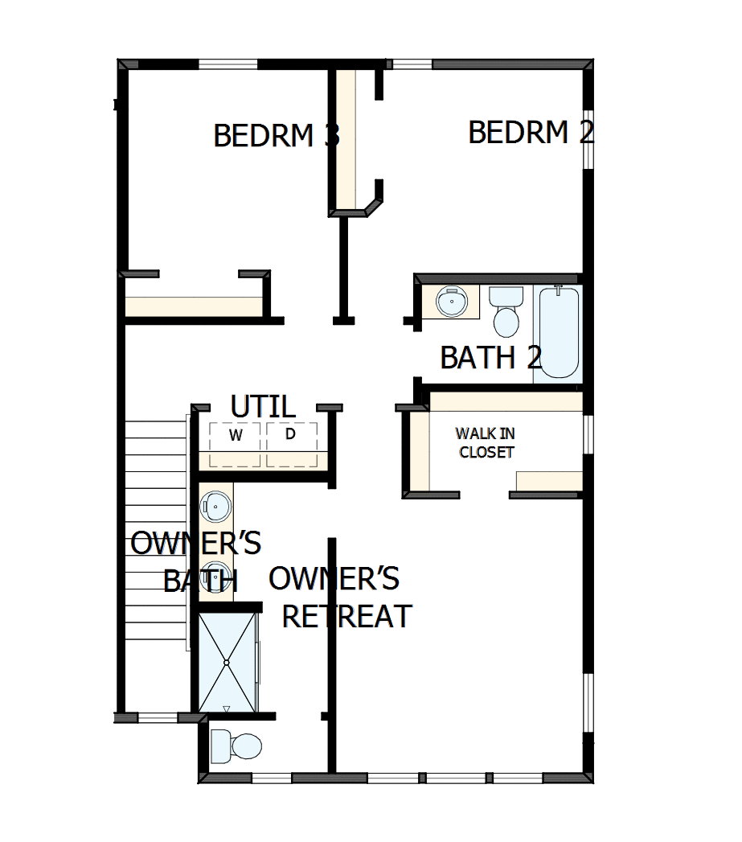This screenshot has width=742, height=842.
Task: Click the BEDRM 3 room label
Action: click(x=277, y=135)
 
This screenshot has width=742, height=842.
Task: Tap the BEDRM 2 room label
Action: click(x=531, y=132)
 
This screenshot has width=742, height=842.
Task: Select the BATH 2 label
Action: click(x=490, y=357)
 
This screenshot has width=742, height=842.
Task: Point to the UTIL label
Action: click(x=262, y=407)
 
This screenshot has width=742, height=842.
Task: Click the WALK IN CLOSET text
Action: click(x=486, y=443)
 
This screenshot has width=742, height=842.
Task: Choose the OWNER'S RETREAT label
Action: click(x=341, y=598)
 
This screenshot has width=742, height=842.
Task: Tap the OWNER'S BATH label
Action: click(x=195, y=561)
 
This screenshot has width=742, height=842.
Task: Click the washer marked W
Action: click(x=236, y=437)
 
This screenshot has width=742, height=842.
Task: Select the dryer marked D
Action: click(x=291, y=435)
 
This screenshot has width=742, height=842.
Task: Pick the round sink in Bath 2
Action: click(x=451, y=303)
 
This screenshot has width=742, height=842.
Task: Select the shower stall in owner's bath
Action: click(x=227, y=662)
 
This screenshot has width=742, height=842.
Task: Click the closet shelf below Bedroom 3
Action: click(x=194, y=306)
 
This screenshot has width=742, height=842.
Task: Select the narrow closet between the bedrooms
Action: click(x=346, y=141)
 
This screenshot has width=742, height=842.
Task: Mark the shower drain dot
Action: click(x=227, y=662)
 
